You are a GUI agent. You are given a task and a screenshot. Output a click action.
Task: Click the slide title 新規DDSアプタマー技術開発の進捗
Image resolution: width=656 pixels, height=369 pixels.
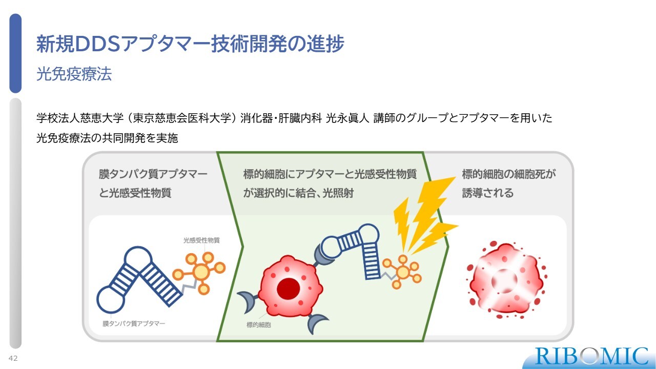[x=190, y=44]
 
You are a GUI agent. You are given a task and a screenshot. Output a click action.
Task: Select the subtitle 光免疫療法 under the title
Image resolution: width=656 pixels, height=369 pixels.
[x=74, y=73]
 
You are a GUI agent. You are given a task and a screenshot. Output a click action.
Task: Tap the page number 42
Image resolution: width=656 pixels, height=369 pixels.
[x=13, y=358]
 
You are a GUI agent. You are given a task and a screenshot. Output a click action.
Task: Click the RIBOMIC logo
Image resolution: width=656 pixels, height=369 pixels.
[x=591, y=357]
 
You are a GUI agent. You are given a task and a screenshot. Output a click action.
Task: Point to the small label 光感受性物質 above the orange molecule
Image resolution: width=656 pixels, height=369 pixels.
[x=201, y=240]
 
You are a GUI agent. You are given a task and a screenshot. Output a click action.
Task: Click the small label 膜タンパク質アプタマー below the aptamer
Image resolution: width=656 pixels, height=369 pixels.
[x=134, y=323]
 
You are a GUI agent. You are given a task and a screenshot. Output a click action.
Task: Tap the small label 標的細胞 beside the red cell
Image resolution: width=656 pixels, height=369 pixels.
[x=259, y=324]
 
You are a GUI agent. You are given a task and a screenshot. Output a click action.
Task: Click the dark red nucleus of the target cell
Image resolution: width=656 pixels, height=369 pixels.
[x=289, y=289]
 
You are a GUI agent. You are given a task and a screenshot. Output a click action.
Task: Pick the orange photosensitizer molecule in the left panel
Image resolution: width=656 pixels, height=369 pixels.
[x=199, y=272]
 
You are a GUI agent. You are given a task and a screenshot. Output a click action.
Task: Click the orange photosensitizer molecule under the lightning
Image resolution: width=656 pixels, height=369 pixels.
[x=403, y=272]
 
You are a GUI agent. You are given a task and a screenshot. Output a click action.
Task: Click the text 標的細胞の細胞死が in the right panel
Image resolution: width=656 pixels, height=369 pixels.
[x=509, y=174]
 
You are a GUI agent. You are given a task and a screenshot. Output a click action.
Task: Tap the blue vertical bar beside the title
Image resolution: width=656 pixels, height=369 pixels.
[x=15, y=53]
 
